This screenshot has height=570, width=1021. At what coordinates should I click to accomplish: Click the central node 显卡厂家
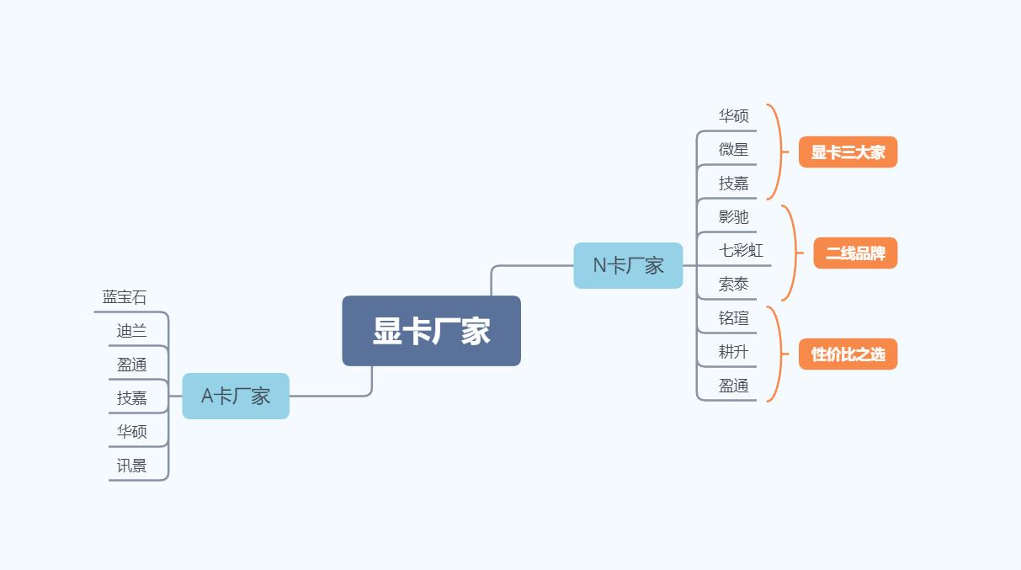point(431,331)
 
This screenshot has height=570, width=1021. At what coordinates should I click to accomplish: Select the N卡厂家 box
point(628,265)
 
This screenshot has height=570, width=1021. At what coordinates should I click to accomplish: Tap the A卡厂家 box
point(236,396)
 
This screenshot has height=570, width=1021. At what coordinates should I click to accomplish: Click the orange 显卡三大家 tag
point(848,152)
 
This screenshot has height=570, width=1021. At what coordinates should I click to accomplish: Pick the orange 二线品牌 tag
point(855,253)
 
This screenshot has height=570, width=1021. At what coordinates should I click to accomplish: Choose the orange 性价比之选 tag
point(848,354)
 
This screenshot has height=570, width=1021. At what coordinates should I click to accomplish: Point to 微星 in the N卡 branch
point(733,150)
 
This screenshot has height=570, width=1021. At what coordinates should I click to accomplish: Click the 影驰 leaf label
point(733,217)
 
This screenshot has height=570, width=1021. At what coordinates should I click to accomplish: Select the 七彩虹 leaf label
point(741,251)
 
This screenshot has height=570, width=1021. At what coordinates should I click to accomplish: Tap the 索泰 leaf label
point(733,285)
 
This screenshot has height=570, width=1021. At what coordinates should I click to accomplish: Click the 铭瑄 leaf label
point(733,318)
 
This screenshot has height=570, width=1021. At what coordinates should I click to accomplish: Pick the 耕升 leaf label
point(733,352)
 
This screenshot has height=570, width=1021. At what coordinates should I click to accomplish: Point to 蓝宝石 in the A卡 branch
point(125,297)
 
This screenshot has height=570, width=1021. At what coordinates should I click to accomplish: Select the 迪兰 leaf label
point(131,331)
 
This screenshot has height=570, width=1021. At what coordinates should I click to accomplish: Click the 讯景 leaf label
point(131,466)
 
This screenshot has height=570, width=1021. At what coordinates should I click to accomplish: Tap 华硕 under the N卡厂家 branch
point(733,116)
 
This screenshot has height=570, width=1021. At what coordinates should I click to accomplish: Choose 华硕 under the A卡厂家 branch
point(131,432)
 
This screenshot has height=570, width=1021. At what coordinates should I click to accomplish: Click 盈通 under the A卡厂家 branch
point(131,365)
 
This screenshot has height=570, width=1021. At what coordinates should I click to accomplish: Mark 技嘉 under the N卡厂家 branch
point(733,184)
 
